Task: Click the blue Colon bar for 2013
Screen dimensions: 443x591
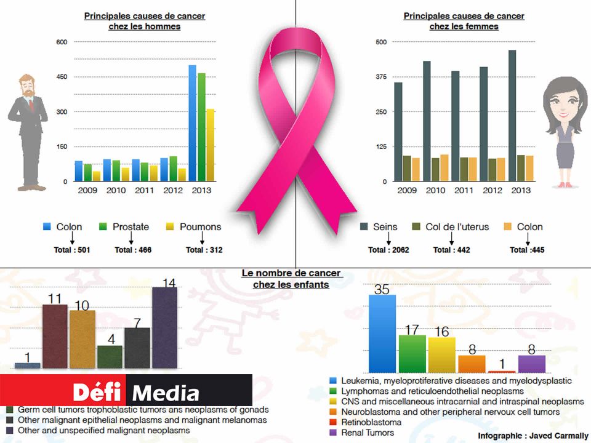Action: pyautogui.click(x=192, y=123)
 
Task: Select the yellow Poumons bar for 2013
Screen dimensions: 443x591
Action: pyautogui.click(x=211, y=145)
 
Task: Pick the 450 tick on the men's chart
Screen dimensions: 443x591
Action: pyautogui.click(x=62, y=77)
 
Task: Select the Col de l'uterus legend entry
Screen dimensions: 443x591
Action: pyautogui.click(x=456, y=227)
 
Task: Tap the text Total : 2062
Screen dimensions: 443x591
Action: pyautogui.click(x=388, y=250)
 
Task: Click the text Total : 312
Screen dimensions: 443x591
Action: pyautogui.click(x=204, y=250)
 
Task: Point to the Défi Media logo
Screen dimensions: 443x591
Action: pyautogui.click(x=135, y=391)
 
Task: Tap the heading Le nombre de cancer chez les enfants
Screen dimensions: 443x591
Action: pyautogui.click(x=291, y=279)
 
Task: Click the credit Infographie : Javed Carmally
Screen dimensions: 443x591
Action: pyautogui.click(x=533, y=436)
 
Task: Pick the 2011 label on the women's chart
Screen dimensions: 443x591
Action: pyautogui.click(x=464, y=190)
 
